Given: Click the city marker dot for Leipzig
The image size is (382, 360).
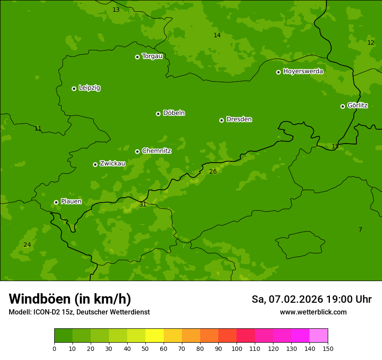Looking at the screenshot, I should [x=74, y=88].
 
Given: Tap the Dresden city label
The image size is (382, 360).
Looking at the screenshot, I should [x=239, y=119].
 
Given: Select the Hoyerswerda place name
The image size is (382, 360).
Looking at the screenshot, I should [x=303, y=71].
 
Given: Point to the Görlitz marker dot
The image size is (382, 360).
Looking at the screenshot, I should [x=342, y=106].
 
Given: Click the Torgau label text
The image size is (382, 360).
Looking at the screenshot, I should [x=152, y=56].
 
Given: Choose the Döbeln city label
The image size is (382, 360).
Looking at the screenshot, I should [x=174, y=113].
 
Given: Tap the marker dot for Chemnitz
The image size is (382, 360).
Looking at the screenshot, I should [x=137, y=151].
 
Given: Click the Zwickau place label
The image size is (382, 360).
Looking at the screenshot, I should [x=112, y=164].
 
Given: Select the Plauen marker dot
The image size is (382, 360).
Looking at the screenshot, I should [x=56, y=202].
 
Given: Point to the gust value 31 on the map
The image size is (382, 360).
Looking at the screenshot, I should [x=143, y=204].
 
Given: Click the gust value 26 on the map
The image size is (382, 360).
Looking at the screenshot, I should [x=213, y=171].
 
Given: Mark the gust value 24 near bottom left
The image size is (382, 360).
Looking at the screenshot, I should [x=27, y=245].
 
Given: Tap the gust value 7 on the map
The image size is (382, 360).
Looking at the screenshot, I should [x=360, y=229].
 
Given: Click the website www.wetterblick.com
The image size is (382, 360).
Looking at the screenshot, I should [x=313, y=312].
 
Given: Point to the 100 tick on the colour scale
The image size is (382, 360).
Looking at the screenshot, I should [x=237, y=348].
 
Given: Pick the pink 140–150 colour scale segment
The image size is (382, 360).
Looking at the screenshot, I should [x=319, y=336].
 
